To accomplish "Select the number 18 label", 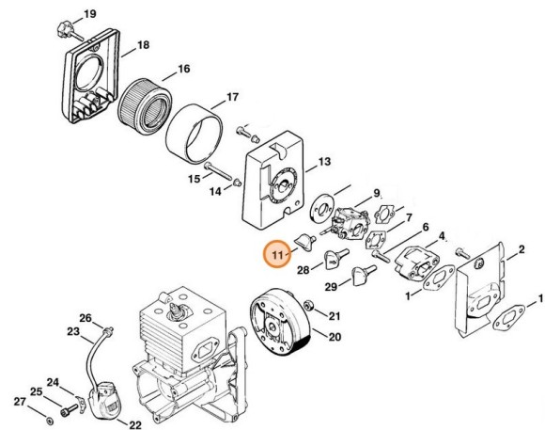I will pyautogui.click(x=143, y=45).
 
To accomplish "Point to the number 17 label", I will pyautogui.click(x=231, y=96).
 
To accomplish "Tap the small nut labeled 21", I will pyautogui.click(x=311, y=313).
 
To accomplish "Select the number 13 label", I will pyautogui.click(x=323, y=162).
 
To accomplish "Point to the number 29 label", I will pyautogui.click(x=331, y=286).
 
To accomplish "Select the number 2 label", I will pyautogui.click(x=516, y=249).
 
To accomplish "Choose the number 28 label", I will pyautogui.click(x=303, y=270).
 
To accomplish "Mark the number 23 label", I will pyautogui.click(x=73, y=331).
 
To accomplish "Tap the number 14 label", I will pyautogui.click(x=215, y=191).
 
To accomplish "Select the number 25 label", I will pyautogui.click(x=35, y=391).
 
